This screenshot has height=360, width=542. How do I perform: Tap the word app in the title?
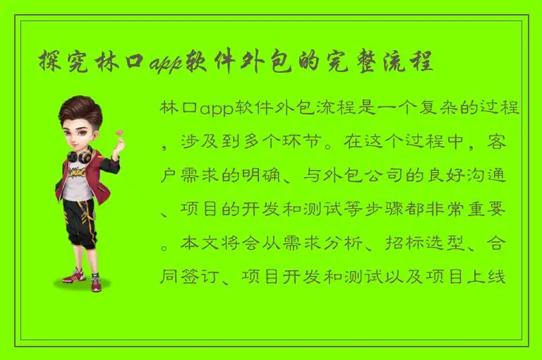[x=166, y=62]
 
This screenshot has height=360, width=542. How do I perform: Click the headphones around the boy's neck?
[x=78, y=154]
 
